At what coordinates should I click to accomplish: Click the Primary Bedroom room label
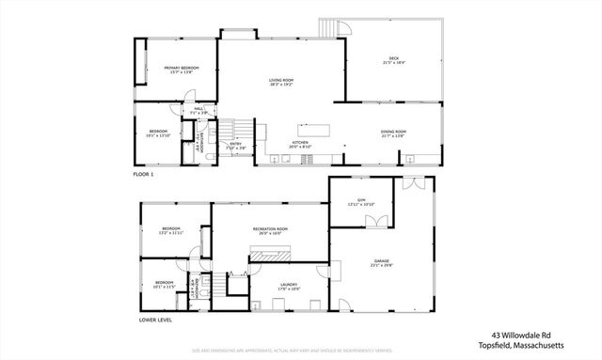pyautogui.click(x=181, y=69)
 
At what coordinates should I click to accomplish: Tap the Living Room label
pyautogui.click(x=281, y=83)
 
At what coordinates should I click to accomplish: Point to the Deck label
pyautogui.click(x=393, y=60)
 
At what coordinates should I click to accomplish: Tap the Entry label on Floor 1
pyautogui.click(x=236, y=145)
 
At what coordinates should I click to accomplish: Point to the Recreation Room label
pyautogui.click(x=270, y=230)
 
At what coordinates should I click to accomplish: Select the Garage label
pyautogui.click(x=382, y=262)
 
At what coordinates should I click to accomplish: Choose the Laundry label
pyautogui.click(x=289, y=286)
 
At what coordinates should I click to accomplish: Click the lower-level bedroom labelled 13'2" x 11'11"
pyautogui.click(x=170, y=230)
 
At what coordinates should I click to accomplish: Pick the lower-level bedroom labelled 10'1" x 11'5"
pyautogui.click(x=164, y=284)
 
